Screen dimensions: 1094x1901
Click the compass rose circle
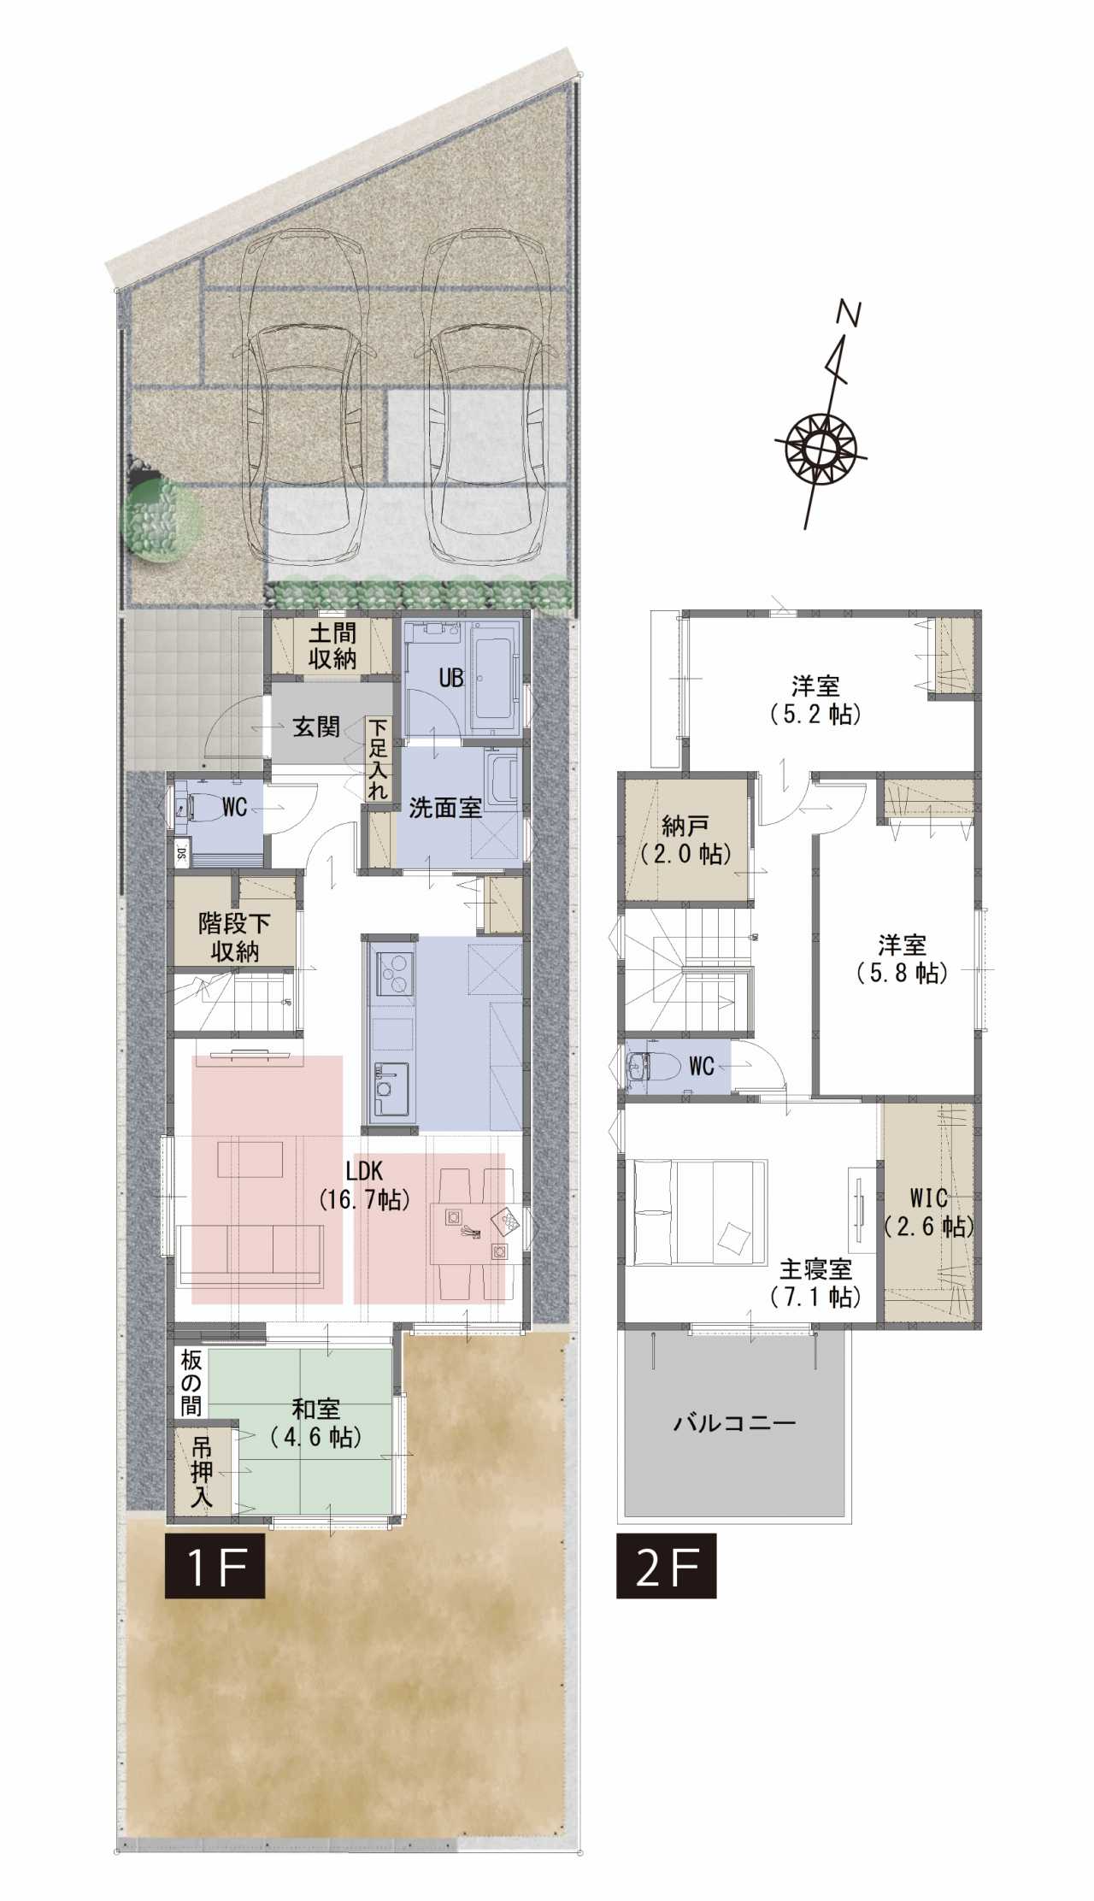[820, 446]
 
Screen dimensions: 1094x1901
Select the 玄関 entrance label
[317, 728]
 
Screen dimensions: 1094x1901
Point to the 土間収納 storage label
[332, 647]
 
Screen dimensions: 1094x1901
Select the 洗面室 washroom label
[445, 808]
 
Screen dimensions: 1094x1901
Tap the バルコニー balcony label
[735, 1424]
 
